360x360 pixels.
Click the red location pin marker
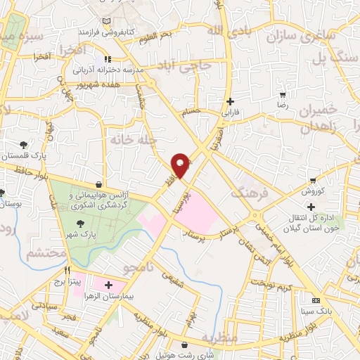click(181, 165)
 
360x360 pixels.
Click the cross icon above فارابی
click(230, 101)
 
